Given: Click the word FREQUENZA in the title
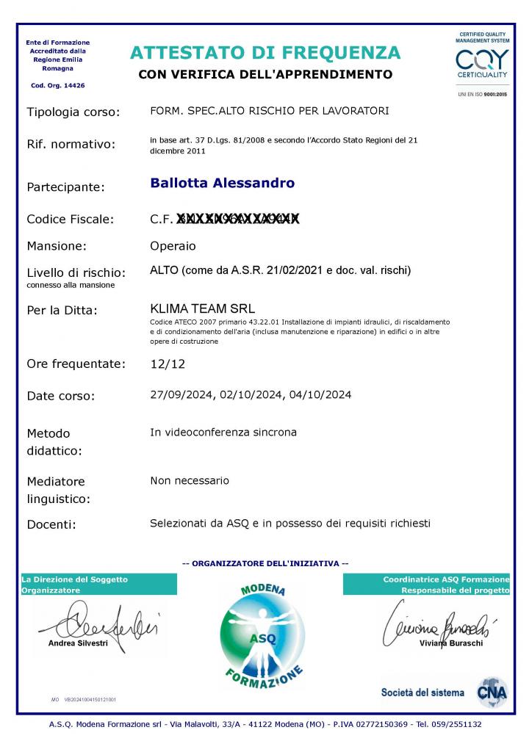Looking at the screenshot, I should click(343, 53).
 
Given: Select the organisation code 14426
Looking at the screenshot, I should click(72, 86).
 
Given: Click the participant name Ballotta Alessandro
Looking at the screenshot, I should click(222, 184).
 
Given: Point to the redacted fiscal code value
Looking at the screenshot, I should click(238, 219).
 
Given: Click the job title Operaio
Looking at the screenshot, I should click(173, 245).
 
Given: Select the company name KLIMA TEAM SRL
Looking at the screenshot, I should click(202, 308).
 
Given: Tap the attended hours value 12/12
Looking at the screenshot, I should click(164, 364).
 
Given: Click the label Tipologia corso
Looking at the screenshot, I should click(72, 112).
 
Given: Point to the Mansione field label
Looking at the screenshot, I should click(57, 246).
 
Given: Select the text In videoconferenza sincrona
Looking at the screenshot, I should click(223, 433).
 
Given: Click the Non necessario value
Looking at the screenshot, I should click(190, 481).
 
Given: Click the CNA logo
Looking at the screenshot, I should click(491, 692).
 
